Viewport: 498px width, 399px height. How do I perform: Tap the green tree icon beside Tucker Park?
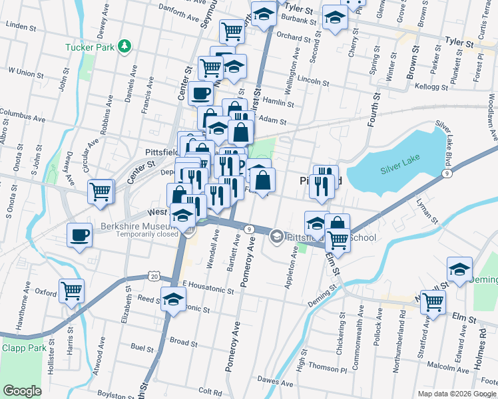[x=123, y=46]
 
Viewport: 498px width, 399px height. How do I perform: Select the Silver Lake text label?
[x=397, y=170]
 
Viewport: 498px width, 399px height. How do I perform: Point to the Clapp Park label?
[x=24, y=348]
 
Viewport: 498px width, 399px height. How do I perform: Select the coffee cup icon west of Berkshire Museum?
[x=80, y=235]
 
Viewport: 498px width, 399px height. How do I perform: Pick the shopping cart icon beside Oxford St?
[x=72, y=290]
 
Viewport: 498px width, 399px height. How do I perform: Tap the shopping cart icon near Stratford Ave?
[x=433, y=302]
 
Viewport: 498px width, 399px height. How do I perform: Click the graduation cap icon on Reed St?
[x=173, y=300]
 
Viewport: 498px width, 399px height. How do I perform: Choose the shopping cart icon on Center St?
[x=101, y=192]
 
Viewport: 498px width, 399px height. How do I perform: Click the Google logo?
[x=22, y=391]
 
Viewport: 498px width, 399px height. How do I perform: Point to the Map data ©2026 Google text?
[x=456, y=394]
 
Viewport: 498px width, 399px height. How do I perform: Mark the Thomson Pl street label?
[x=332, y=364]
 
